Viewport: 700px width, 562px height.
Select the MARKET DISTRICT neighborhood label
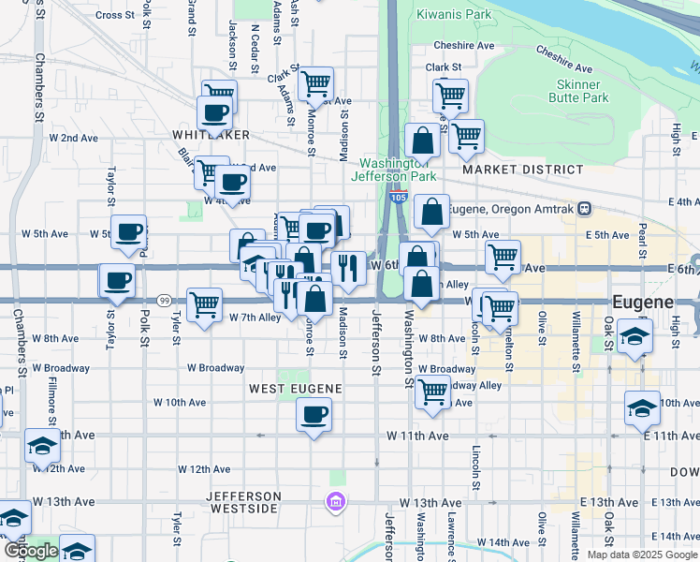click(535, 169)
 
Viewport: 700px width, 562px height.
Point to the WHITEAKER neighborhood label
click(211, 135)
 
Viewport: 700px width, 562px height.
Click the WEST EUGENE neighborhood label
click(295, 388)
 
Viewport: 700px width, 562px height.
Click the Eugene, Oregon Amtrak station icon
click(584, 208)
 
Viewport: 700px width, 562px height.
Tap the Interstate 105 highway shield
click(399, 198)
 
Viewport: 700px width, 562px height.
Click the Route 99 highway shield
click(164, 301)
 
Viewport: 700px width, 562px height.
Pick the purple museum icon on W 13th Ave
click(336, 503)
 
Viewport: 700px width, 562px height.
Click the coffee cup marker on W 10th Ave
click(314, 414)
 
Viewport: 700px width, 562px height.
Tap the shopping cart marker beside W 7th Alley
click(204, 304)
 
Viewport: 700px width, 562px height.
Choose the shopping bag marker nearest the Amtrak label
click(430, 213)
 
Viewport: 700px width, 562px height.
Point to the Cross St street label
click(115, 15)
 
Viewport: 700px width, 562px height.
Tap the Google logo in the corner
click(30, 551)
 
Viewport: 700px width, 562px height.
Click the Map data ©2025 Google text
click(641, 555)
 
